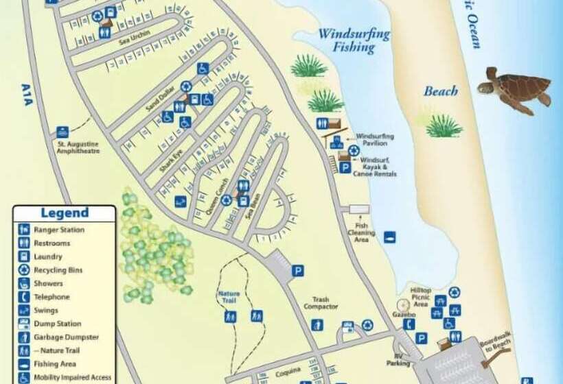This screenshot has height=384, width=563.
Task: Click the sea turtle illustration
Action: tap(515, 89)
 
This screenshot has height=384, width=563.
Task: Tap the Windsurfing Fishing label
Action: tap(354, 40)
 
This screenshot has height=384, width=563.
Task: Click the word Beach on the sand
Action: tap(441, 91)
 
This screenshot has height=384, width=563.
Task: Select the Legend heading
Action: tap(65, 213)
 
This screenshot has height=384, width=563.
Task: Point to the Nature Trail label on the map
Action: tap(229, 297)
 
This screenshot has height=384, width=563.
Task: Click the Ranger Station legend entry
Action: tap(58, 230)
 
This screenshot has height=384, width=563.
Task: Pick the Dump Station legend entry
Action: tap(57, 324)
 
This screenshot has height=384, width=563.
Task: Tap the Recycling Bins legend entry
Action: tap(58, 270)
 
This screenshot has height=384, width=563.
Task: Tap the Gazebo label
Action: tap(404, 314)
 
